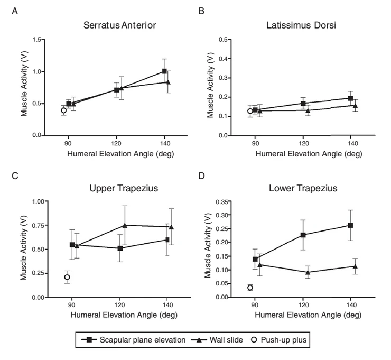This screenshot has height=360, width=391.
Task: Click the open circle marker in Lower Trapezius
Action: (x=250, y=288)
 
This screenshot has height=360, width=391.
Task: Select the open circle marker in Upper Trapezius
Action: (x=67, y=277)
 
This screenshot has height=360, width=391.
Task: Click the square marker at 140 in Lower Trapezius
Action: (x=350, y=225)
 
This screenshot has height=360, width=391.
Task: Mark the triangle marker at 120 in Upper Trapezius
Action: (x=125, y=225)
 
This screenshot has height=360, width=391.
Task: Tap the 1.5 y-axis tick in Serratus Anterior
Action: (x=37, y=40)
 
